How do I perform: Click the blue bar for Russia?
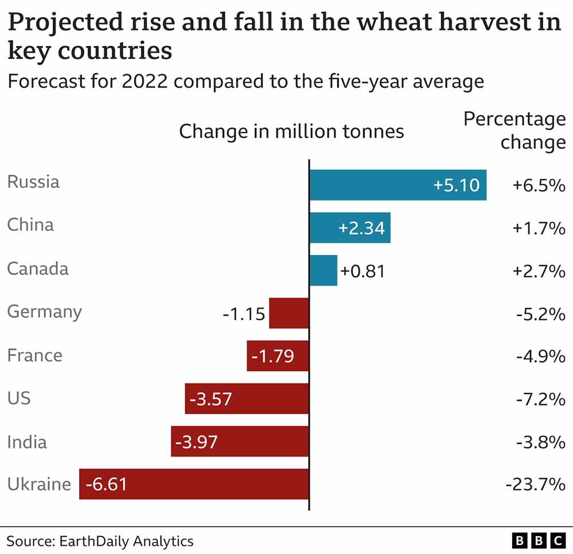pyautogui.click(x=398, y=185)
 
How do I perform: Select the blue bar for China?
pyautogui.click(x=350, y=227)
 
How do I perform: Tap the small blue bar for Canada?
pyautogui.click(x=323, y=270)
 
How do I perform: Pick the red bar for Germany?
pyautogui.click(x=289, y=313)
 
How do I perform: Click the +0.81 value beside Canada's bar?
pyautogui.click(x=363, y=270)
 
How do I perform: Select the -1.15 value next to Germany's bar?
pyautogui.click(x=244, y=314)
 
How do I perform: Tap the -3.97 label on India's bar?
pyautogui.click(x=197, y=442)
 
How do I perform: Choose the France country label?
pyautogui.click(x=34, y=355)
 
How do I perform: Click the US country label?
pyautogui.click(x=19, y=398)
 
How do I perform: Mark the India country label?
pyautogui.click(x=27, y=442)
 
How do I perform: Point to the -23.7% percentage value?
pyautogui.click(x=535, y=485)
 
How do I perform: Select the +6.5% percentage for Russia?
pyautogui.click(x=539, y=186)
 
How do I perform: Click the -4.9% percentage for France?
pyautogui.click(x=540, y=356)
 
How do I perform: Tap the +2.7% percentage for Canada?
pyautogui.click(x=539, y=270)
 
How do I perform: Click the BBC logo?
pyautogui.click(x=538, y=540)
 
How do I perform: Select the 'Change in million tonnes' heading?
pyautogui.click(x=291, y=132)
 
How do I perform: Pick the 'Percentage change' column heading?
pyautogui.click(x=514, y=131)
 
